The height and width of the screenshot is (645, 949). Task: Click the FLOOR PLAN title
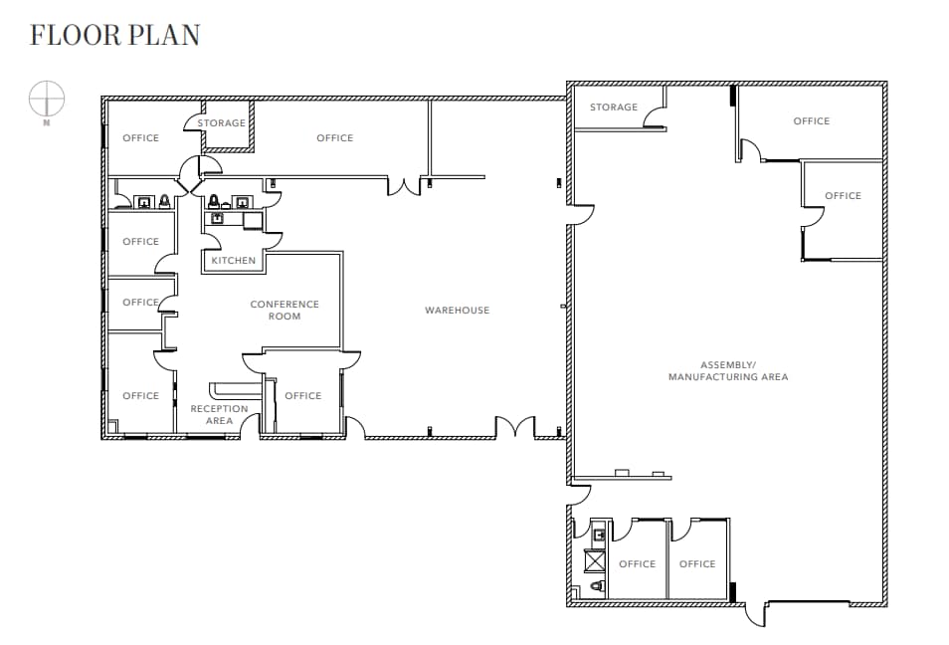pyautogui.click(x=114, y=35)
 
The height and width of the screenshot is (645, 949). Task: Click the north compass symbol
pyautogui.click(x=47, y=100)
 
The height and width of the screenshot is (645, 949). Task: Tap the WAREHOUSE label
pyautogui.click(x=457, y=311)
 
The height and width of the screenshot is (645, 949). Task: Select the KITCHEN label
pyautogui.click(x=233, y=261)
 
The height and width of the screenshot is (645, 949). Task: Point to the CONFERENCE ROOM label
pyautogui.click(x=285, y=311)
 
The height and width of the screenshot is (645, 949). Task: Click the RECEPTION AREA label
pyautogui.click(x=219, y=415)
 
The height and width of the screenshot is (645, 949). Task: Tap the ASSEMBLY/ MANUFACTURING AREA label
pyautogui.click(x=728, y=370)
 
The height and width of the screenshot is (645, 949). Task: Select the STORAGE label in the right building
pyautogui.click(x=613, y=107)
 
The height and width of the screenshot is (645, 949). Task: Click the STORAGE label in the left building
pyautogui.click(x=221, y=123)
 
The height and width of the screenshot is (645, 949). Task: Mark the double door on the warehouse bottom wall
pyautogui.click(x=515, y=428)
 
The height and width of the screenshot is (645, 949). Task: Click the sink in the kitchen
pyautogui.click(x=217, y=218)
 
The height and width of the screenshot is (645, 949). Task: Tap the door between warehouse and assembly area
pyautogui.click(x=582, y=214)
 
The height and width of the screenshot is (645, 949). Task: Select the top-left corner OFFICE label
pyautogui.click(x=140, y=138)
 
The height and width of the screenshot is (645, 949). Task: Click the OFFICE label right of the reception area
pyautogui.click(x=303, y=396)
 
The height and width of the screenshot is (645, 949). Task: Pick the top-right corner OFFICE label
pyautogui.click(x=811, y=121)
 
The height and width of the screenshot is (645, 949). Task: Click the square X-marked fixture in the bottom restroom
pyautogui.click(x=594, y=561)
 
